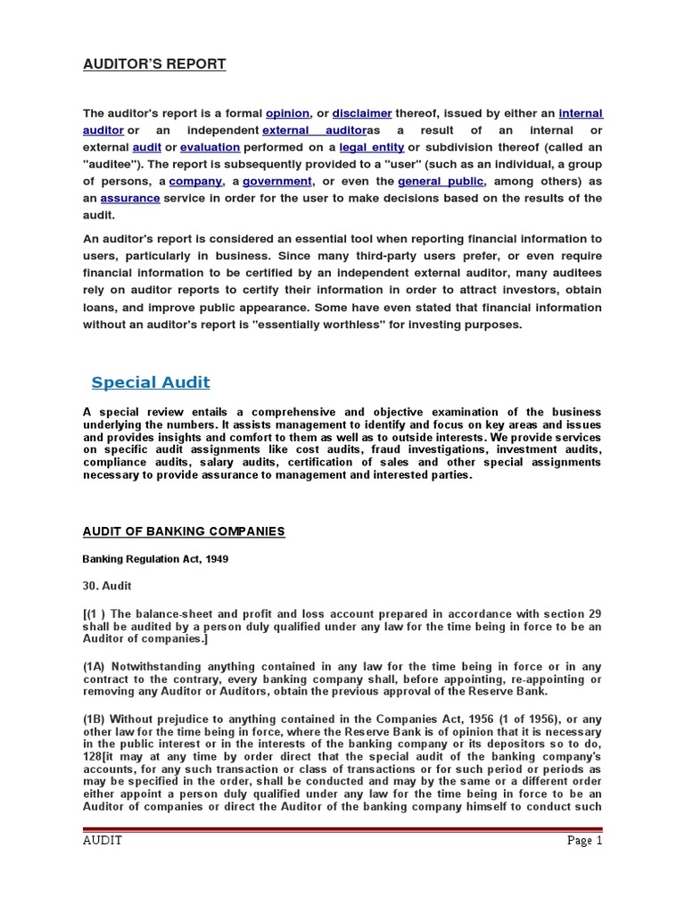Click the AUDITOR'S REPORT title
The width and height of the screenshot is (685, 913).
(154, 64)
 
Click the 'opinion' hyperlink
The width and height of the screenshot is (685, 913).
(287, 113)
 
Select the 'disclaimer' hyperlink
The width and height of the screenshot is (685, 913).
(362, 113)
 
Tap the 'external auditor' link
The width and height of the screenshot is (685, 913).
(309, 130)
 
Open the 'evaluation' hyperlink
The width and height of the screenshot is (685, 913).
(210, 147)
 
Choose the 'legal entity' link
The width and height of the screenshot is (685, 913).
(371, 147)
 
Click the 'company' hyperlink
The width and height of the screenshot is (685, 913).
(194, 181)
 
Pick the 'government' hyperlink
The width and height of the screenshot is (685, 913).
(277, 181)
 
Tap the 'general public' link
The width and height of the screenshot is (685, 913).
(442, 181)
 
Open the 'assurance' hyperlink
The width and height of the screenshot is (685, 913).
(130, 198)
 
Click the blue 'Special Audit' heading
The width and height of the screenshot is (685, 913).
(151, 382)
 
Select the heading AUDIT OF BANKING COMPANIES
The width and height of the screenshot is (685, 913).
(184, 531)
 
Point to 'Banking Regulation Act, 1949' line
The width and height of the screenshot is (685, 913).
(151, 559)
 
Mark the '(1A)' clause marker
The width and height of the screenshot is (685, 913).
(95, 666)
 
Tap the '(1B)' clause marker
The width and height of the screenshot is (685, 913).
(95, 720)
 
